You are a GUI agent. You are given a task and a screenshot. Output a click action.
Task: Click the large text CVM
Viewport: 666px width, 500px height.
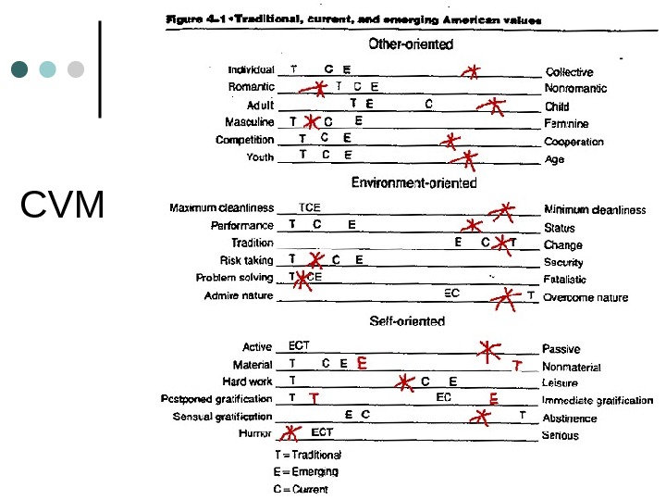click(x=63, y=206)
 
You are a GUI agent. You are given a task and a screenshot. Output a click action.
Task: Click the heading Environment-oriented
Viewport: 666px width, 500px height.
click(x=413, y=182)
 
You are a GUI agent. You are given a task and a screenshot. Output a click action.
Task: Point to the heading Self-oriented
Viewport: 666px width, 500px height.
click(x=407, y=321)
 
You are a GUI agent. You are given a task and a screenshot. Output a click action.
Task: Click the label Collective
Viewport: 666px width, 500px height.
click(x=569, y=71)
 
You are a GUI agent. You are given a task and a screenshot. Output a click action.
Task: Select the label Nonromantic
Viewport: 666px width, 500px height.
click(x=575, y=89)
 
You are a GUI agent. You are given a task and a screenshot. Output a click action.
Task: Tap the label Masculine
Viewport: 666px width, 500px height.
click(x=250, y=122)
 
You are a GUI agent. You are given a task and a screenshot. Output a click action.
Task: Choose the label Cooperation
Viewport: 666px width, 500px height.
click(x=573, y=142)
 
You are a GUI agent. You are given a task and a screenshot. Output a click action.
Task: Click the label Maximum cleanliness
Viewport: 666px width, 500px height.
click(x=222, y=208)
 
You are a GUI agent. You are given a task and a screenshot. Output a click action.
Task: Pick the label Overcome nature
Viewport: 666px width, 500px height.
click(x=586, y=297)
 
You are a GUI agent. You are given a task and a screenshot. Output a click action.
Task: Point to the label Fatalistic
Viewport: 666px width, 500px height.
click(x=565, y=279)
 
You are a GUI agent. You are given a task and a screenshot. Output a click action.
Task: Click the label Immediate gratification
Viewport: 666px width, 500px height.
click(x=598, y=401)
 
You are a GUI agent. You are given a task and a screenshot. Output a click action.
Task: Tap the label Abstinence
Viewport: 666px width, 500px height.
click(x=569, y=419)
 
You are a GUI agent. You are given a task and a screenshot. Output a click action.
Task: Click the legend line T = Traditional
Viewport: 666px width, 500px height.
click(x=308, y=455)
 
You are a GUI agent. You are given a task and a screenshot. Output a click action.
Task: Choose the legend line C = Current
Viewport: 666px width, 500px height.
click(x=300, y=489)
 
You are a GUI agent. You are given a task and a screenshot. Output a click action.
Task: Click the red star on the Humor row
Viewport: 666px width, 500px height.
click(x=291, y=431)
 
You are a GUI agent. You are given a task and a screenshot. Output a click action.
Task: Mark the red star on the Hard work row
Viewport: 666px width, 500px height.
click(x=404, y=381)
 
